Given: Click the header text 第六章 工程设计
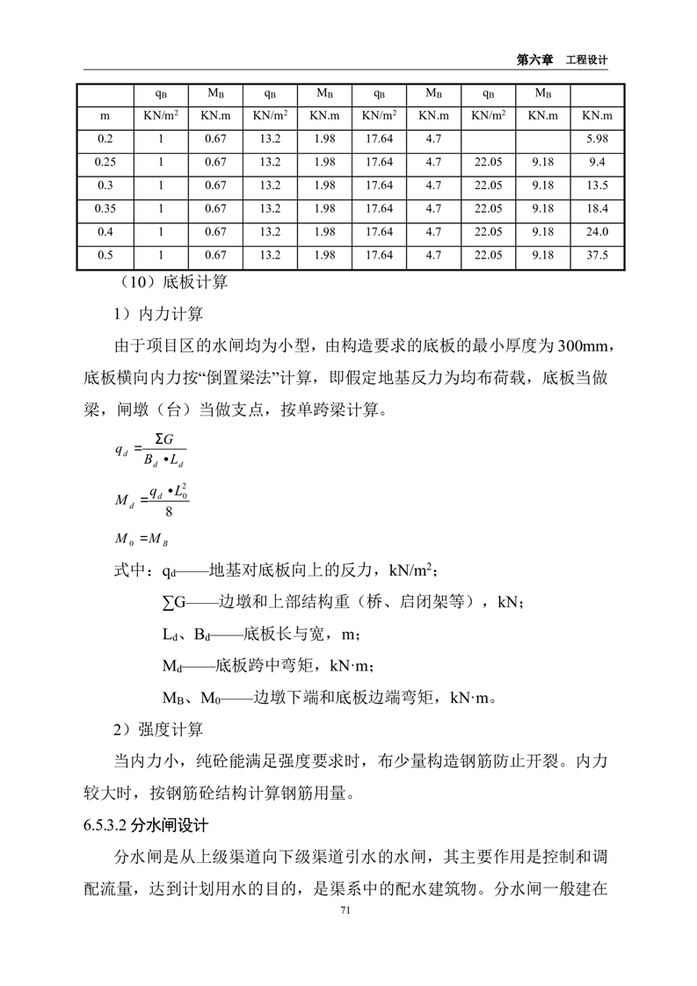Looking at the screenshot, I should pos(563,59).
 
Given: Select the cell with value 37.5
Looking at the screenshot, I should pos(598,256).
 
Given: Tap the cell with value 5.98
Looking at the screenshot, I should pos(598,139).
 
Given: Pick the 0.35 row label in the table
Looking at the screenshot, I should pos(105,208).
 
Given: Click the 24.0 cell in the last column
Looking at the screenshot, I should pos(598,232).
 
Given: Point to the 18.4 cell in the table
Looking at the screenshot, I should pos(598,208).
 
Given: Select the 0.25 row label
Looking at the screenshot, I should pos(105,162).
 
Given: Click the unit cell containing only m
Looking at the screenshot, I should pos(105,115).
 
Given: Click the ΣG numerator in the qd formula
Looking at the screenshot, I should pos(163,439).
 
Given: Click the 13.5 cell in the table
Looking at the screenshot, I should pos(598,185).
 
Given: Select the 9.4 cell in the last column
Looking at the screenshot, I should pos(598,162).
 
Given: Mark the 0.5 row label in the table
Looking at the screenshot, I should pos(105,256).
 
